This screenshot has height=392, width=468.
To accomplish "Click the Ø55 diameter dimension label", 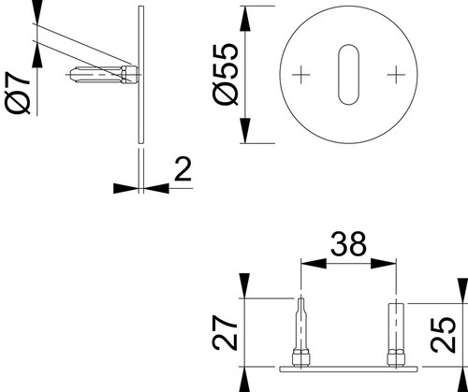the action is [x=226, y=75].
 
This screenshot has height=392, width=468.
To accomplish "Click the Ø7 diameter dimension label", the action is [x=18, y=93].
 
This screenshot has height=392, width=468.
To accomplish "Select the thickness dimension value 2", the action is [x=183, y=168].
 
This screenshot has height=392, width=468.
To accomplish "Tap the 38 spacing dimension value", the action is [x=348, y=244].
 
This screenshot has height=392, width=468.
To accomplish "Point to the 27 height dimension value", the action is [x=225, y=332].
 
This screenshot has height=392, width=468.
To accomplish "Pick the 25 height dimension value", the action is [x=443, y=335].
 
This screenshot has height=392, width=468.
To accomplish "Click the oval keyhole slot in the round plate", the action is [x=348, y=75].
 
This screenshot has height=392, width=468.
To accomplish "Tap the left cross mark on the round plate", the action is [x=301, y=75].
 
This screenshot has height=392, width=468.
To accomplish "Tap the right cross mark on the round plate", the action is [x=396, y=75].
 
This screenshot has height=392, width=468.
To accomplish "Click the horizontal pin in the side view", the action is [x=104, y=75].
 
